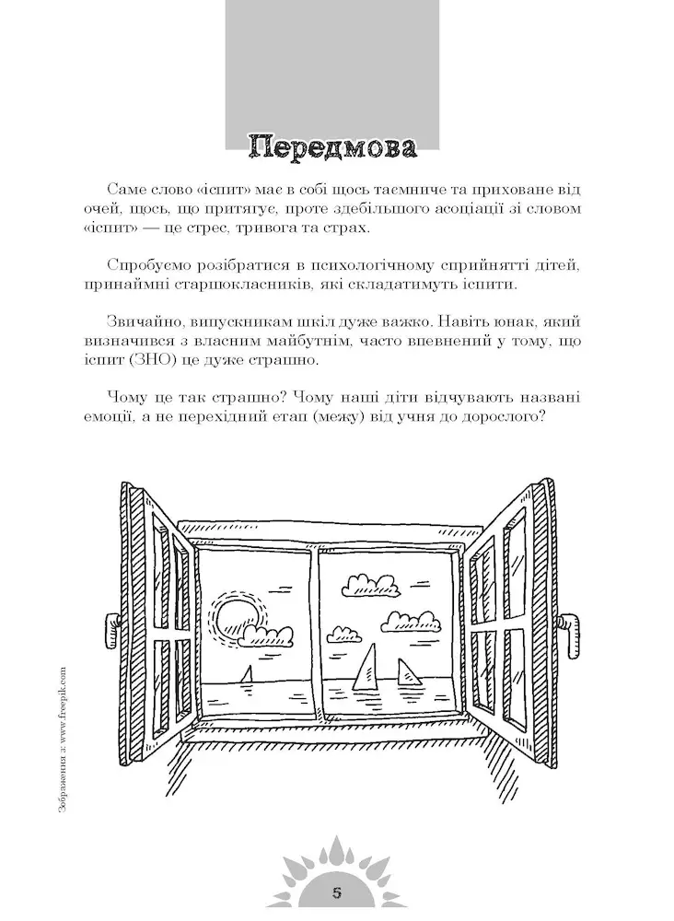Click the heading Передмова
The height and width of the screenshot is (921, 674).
click(333, 148)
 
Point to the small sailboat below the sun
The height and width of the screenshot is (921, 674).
click(247, 674)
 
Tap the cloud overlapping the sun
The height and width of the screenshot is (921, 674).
click(266, 633)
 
